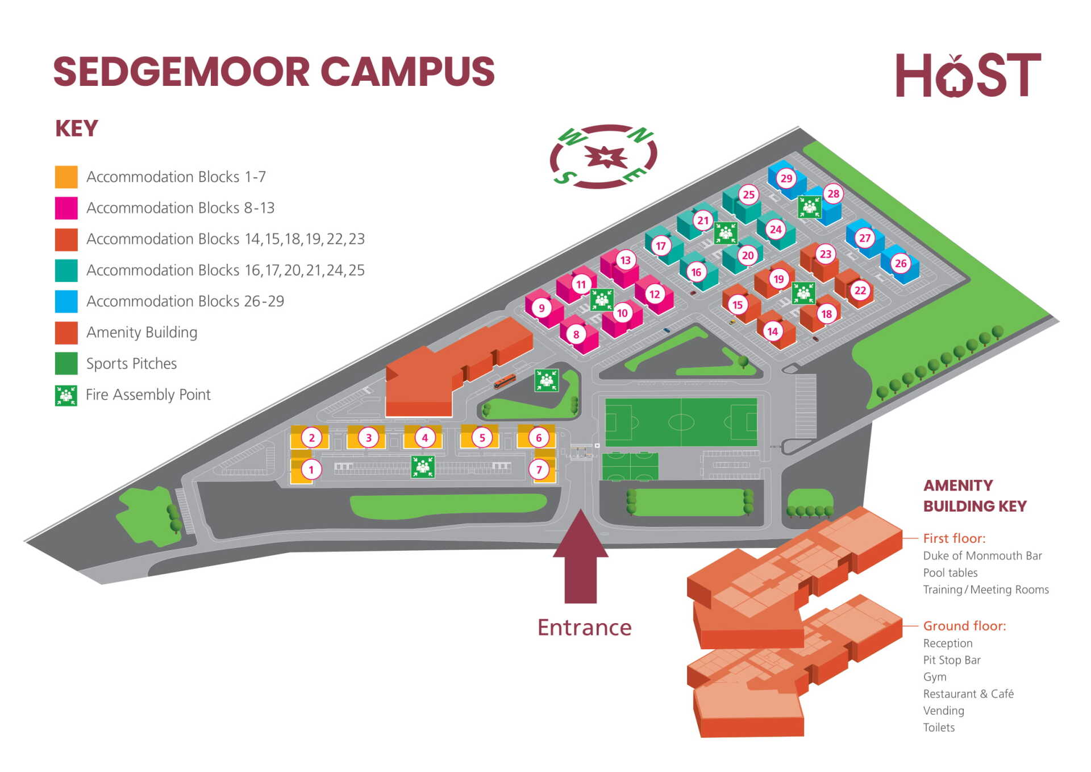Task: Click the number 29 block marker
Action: (x=786, y=178)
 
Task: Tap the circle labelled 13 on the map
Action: (x=625, y=260)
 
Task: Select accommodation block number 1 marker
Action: (x=311, y=470)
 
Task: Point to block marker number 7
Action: (x=539, y=470)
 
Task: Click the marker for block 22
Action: (x=860, y=290)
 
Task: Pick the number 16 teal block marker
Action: (x=696, y=272)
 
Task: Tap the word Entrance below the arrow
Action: (x=584, y=628)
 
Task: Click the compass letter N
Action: (x=640, y=135)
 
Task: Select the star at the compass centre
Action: (x=606, y=156)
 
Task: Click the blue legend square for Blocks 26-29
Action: (x=66, y=301)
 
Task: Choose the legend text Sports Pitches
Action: (x=131, y=364)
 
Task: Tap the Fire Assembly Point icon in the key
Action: (x=66, y=395)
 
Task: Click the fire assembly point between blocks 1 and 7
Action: (x=423, y=467)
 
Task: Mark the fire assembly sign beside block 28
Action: (x=809, y=207)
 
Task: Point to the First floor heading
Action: (x=953, y=538)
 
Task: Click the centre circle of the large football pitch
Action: (x=681, y=422)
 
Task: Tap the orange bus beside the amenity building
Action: (x=504, y=381)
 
